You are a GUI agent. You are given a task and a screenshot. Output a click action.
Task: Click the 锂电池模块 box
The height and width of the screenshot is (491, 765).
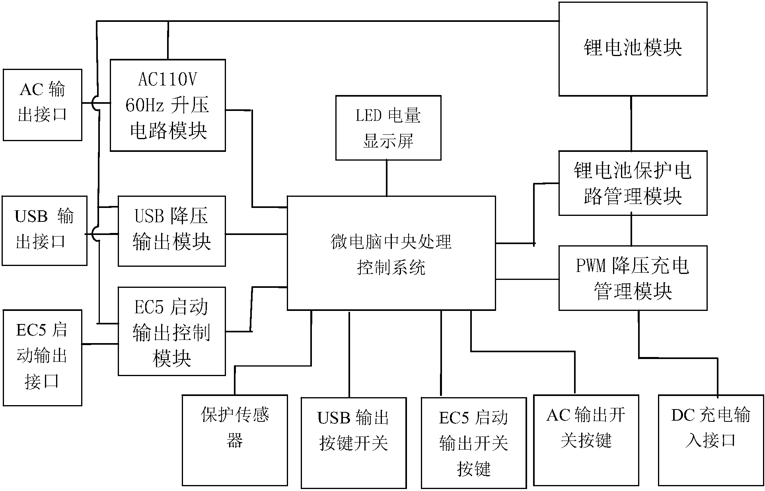click(633, 49)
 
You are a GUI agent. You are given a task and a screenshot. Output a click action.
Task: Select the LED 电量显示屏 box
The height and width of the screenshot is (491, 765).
click(388, 128)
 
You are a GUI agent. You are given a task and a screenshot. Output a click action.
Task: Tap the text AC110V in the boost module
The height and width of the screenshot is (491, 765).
click(167, 80)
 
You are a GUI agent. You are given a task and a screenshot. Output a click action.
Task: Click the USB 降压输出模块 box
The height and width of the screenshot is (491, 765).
click(171, 231)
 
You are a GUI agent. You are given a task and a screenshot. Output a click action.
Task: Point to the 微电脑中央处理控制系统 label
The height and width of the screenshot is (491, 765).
click(391, 254)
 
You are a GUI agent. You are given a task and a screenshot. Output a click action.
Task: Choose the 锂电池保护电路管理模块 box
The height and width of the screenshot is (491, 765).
click(633, 183)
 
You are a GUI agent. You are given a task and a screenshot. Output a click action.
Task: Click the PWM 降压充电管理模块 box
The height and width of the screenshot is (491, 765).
click(633, 278)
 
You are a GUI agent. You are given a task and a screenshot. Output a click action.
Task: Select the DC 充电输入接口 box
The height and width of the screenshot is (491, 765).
click(710, 440)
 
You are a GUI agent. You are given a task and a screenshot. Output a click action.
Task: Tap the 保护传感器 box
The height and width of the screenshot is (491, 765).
click(235, 440)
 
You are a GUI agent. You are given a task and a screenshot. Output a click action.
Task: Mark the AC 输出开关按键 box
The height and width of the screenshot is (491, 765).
click(586, 440)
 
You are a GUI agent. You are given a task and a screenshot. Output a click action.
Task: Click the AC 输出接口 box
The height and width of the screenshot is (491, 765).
click(42, 105)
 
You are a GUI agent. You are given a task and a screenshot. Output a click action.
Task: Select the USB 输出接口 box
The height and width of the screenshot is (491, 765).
click(44, 230)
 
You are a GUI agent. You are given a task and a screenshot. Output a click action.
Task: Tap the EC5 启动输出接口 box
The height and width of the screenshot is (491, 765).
click(42, 357)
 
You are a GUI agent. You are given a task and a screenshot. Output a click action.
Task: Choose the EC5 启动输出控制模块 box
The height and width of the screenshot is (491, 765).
click(171, 331)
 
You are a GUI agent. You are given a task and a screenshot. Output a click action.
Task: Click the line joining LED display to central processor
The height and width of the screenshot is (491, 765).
click(387, 178)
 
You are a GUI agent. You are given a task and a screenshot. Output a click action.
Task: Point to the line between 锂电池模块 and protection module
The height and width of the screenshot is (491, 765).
click(631, 123)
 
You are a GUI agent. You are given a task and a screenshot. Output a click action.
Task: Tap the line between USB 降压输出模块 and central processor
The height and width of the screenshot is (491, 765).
click(256, 234)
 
